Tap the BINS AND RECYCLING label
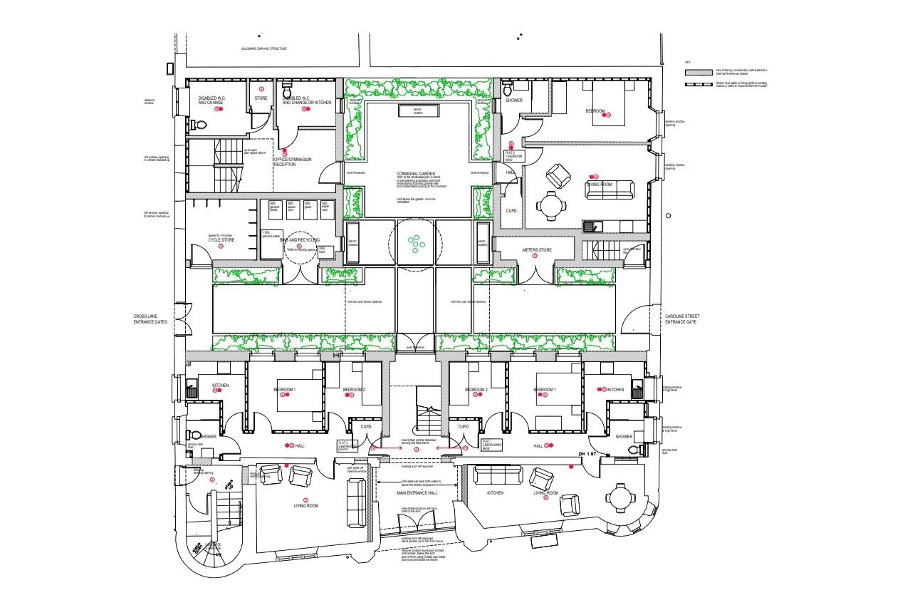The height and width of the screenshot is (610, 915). [298, 241]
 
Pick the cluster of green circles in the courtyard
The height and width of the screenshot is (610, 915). [415, 244]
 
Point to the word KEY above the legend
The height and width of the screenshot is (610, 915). [688, 63]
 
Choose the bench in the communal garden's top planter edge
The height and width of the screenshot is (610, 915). [417, 110]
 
